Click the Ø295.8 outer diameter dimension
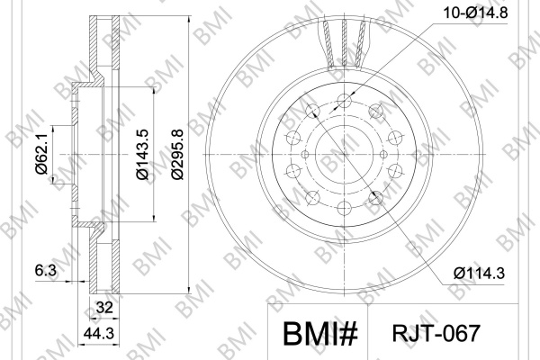coord(177,154)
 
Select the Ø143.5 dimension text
coord(142,154)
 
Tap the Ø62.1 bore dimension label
coord(41,154)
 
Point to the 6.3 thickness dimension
coord(46,270)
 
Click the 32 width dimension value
coord(104,307)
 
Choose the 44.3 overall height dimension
coord(99,333)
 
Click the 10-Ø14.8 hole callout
coord(475,13)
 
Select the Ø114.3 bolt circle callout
coord(479,274)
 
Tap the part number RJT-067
coord(436,333)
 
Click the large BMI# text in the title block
coord(320,334)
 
